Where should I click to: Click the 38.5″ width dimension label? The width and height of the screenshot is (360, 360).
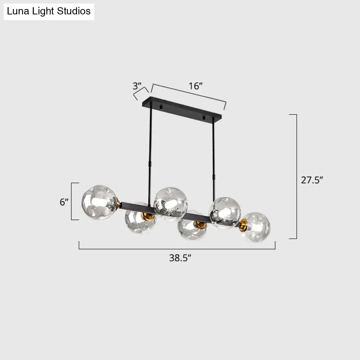tap(180, 258)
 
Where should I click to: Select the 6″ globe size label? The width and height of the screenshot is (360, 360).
tap(64, 202)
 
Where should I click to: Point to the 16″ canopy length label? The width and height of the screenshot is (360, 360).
tap(196, 86)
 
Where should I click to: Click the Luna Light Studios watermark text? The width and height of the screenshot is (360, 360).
tap(49, 11)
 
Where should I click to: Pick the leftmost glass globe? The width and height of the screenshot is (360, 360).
tap(99, 202)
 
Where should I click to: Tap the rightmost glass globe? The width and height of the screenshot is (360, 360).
tap(256, 227)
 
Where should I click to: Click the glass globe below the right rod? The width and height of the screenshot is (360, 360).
tap(225, 213)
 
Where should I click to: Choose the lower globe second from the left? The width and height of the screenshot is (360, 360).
tap(140, 220)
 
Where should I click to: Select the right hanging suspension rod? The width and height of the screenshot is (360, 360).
tap(213, 151)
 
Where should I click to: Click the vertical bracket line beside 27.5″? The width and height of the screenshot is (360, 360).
tap(296, 176)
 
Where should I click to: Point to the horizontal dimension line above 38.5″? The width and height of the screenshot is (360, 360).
tap(177, 249)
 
